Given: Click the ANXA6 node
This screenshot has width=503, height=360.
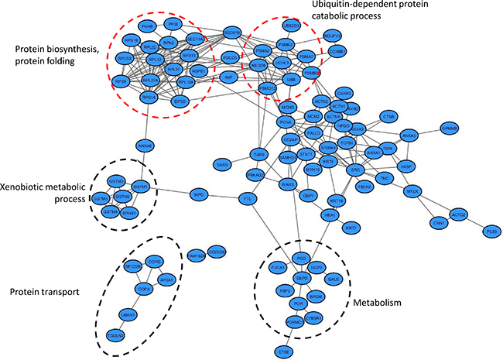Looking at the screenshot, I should click(x=145, y=144).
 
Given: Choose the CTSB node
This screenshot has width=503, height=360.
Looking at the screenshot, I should click(x=389, y=117).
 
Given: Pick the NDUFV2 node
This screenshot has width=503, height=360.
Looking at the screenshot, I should click(x=334, y=36).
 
